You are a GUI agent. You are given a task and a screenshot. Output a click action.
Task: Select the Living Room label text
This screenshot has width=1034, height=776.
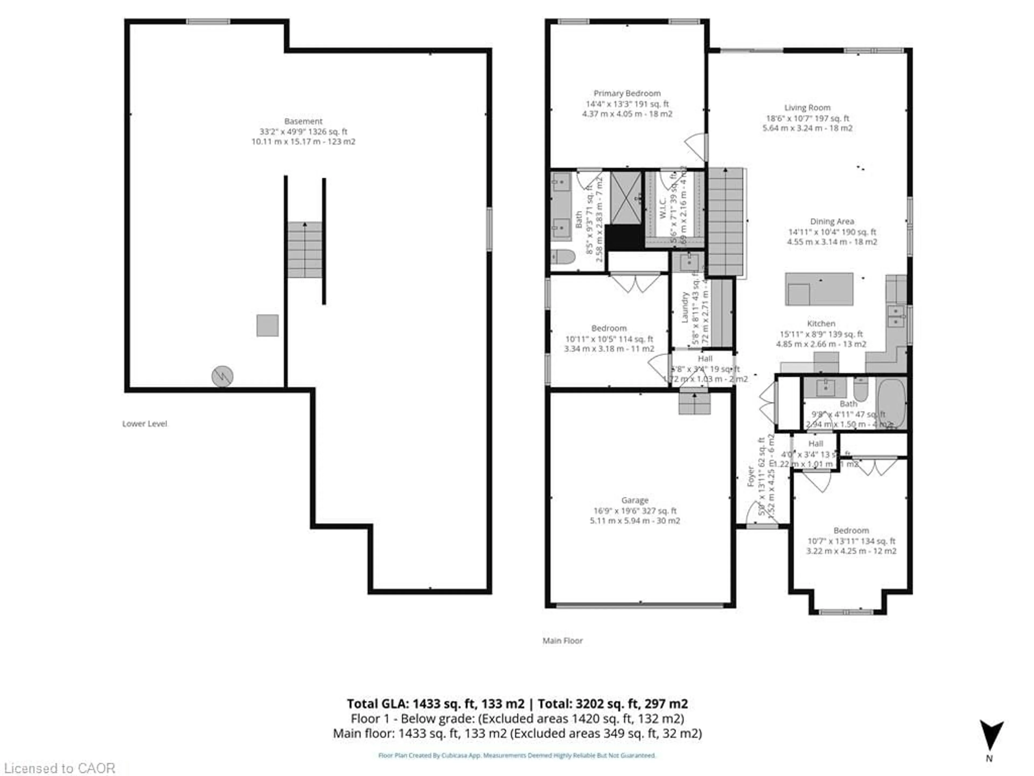coord(807,108)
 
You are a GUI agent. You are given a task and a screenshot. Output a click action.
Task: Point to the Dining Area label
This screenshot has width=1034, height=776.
coord(832,221)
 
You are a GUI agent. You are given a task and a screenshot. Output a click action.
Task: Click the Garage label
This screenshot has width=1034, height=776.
coord(634,500)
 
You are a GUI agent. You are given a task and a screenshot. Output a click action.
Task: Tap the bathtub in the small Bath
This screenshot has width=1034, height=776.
coord(892,403)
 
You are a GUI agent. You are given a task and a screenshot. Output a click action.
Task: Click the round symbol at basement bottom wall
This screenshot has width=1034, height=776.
coord(222,376)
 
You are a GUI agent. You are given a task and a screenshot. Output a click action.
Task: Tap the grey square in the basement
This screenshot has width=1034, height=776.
coord(267,325)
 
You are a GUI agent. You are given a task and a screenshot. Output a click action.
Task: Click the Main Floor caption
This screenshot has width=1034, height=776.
coord(562,641)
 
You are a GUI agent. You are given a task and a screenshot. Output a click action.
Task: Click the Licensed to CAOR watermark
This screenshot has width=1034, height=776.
coord(59,768)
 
